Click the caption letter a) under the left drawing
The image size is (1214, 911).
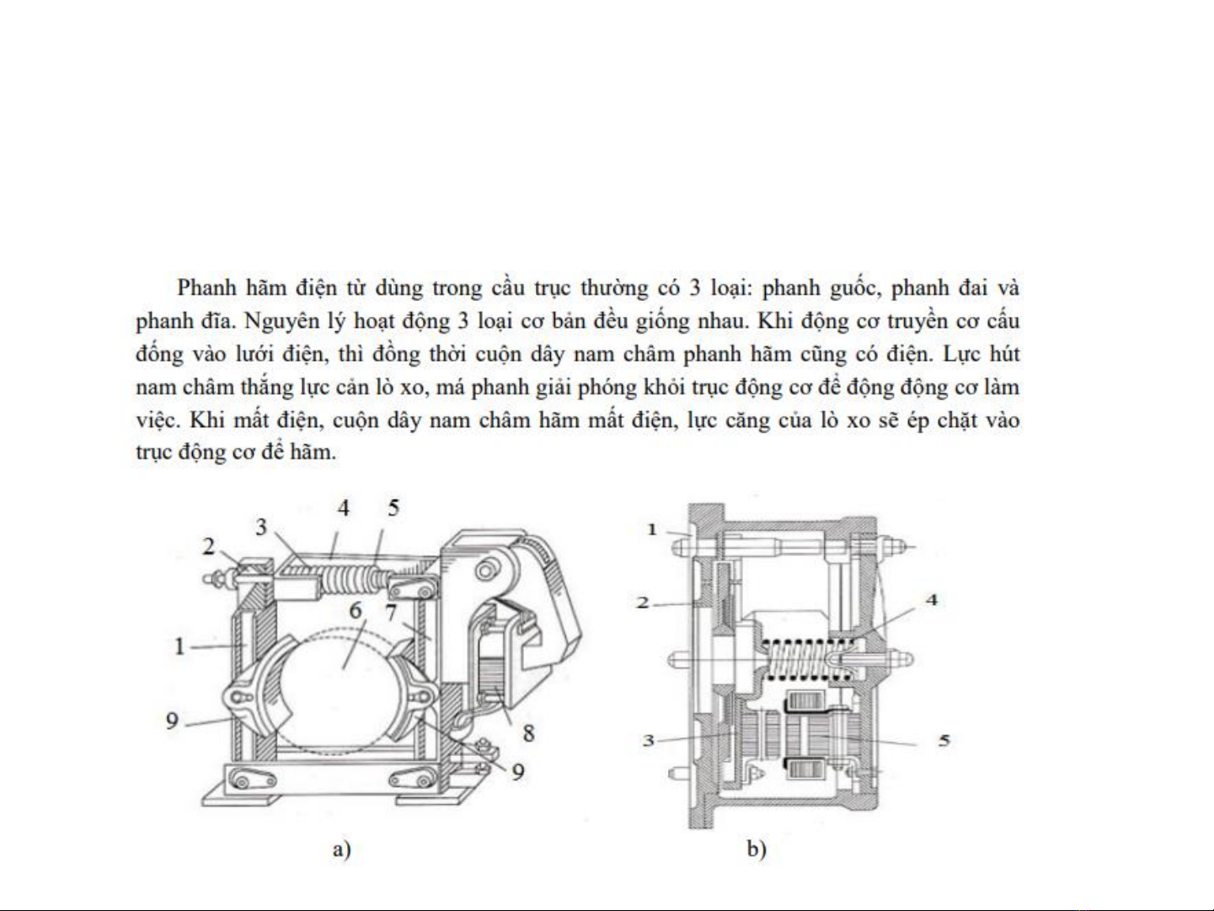point(340,849)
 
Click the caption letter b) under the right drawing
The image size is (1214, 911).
point(756,849)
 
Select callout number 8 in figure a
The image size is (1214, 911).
point(528,732)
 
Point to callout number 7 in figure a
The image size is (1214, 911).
point(392,611)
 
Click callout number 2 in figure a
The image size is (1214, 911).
point(209,546)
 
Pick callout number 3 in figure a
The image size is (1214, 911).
point(261,527)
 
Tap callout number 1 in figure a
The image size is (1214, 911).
point(179,646)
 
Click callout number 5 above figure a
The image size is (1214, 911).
point(393,507)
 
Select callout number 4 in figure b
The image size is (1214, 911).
point(931,599)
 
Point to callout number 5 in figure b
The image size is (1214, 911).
point(944,740)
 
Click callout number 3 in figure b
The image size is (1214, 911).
point(648,740)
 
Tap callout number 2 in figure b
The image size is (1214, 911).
point(643,602)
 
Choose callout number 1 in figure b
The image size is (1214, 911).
point(651,529)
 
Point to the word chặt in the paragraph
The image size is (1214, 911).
point(957,420)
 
